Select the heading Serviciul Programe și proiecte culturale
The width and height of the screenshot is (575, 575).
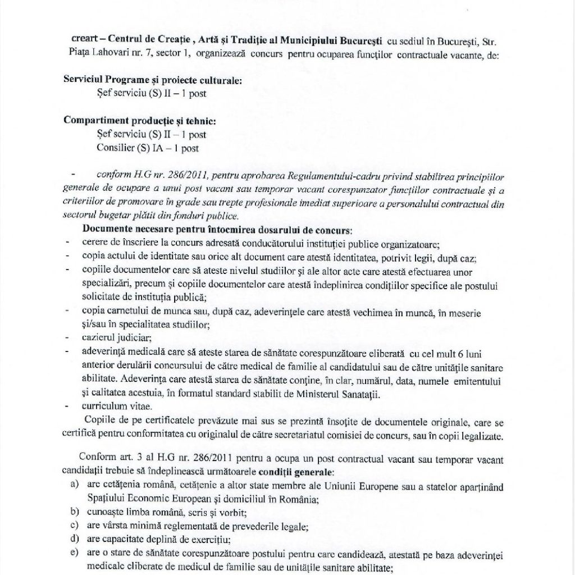coord(153,80)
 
